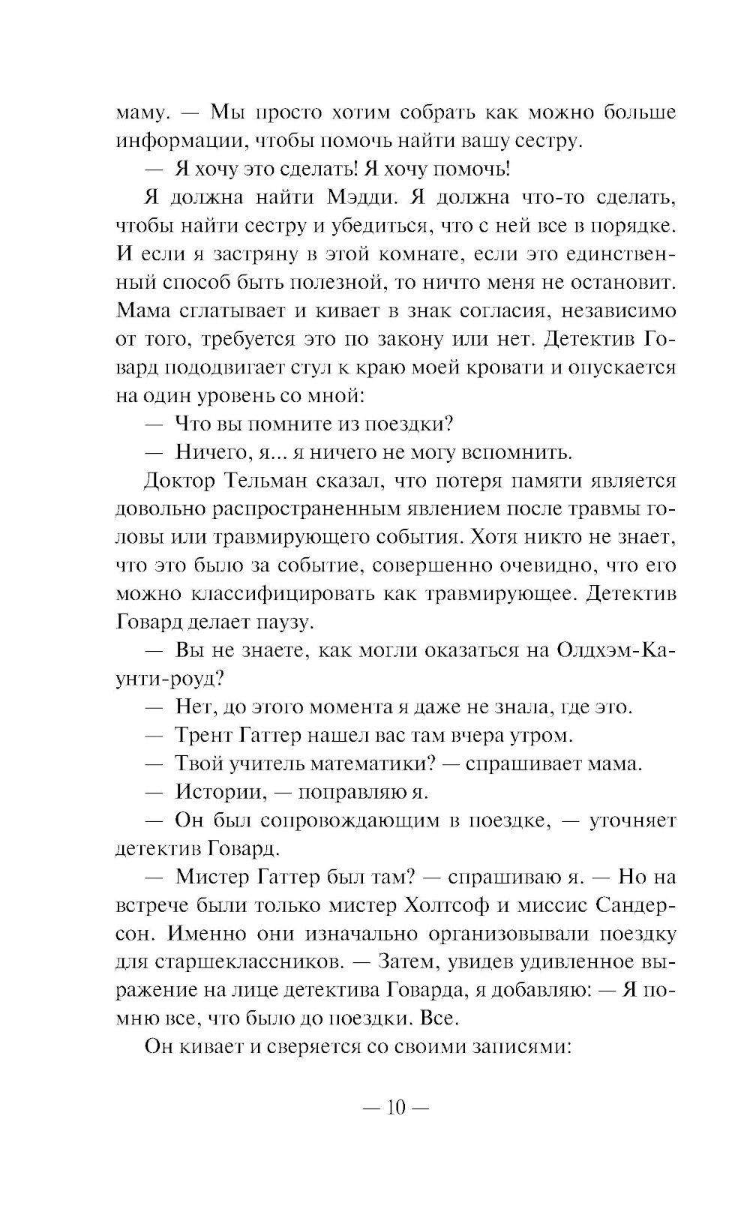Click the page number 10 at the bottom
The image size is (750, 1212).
click(396, 1107)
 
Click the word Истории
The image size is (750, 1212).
click(218, 792)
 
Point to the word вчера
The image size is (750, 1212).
click(479, 735)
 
